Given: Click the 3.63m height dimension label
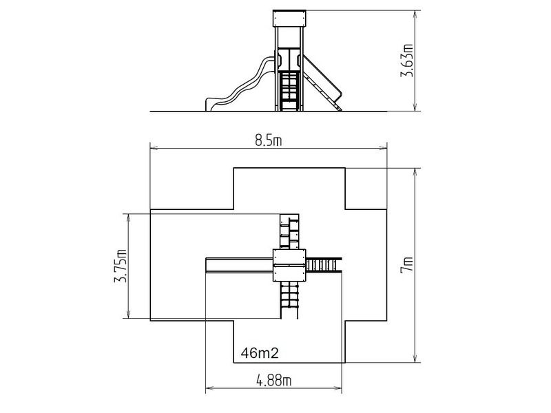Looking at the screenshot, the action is (407, 61).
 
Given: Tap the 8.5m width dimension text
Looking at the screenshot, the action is (269, 141).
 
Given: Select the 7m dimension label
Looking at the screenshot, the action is (408, 265).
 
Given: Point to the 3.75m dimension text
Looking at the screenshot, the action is (121, 266).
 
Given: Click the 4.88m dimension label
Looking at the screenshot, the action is (273, 381).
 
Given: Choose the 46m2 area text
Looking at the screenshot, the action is (260, 353).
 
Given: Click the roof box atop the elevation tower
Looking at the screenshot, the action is (289, 19).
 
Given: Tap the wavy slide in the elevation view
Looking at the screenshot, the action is (240, 85).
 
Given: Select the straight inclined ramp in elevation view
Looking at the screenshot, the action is (322, 83).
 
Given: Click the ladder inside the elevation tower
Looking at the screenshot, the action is (289, 91).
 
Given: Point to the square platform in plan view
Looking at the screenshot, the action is (289, 265).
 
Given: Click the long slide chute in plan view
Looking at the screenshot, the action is (239, 265).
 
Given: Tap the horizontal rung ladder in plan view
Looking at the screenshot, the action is (324, 265).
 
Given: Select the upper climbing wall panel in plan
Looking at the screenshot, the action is (289, 231).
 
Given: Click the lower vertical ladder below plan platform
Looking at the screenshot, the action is (289, 300).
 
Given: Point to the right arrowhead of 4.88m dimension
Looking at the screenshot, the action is (339, 388).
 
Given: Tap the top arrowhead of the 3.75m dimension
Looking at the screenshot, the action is (129, 217).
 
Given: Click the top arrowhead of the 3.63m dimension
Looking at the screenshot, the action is (415, 14).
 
